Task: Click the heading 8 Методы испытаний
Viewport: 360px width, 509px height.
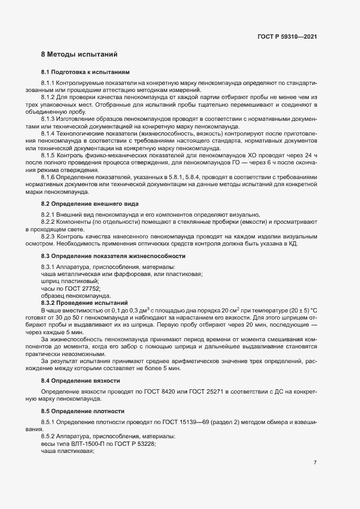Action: pyautogui.click(x=79, y=54)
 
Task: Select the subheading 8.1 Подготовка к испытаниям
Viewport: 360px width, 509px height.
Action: pyautogui.click(x=86, y=72)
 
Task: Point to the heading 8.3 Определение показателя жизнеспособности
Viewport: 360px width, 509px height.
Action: pyautogui.click(x=113, y=255)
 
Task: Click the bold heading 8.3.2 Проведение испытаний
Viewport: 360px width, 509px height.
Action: pyautogui.click(x=84, y=302)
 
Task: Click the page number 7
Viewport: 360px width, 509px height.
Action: pyautogui.click(x=315, y=463)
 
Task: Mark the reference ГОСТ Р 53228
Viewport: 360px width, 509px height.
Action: pyautogui.click(x=135, y=444)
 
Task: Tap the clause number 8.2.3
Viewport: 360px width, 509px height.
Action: pyautogui.click(x=49, y=237)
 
